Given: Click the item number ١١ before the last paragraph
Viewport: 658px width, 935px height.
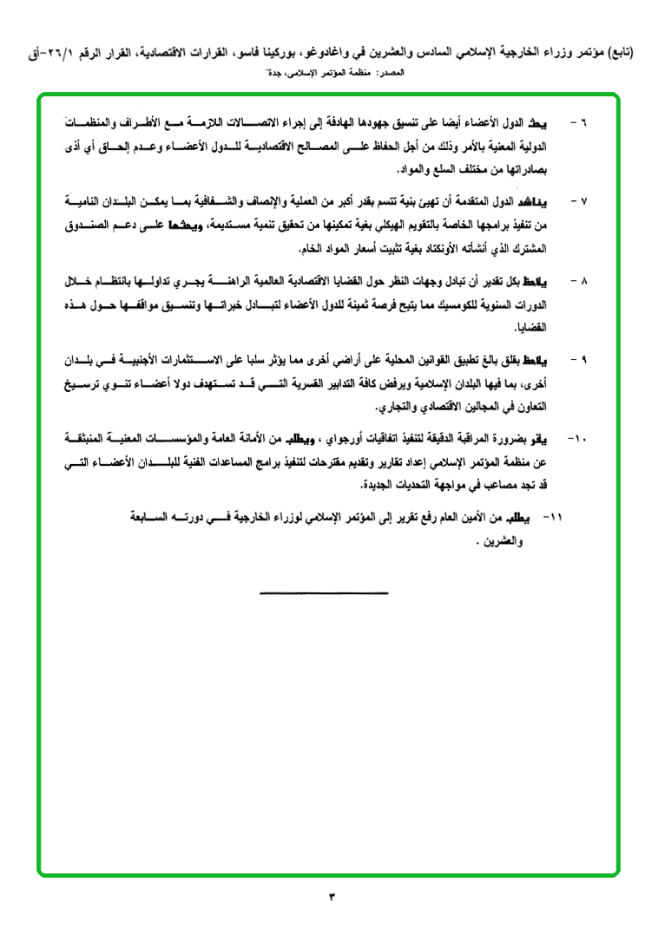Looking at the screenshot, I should click(x=551, y=517).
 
